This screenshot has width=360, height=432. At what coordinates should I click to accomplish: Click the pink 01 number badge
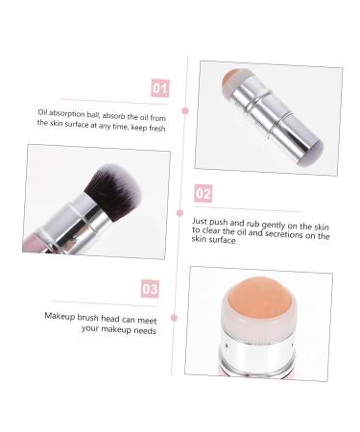point(159,89)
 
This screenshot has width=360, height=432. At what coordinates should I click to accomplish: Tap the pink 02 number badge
point(203,194)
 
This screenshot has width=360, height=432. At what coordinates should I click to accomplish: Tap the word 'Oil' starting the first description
point(43,112)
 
